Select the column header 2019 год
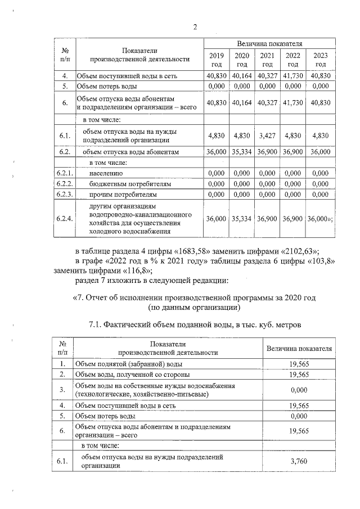tap(216, 60)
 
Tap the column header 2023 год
tap(320, 60)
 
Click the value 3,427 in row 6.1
tap(268, 136)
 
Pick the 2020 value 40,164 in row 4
tap(242, 75)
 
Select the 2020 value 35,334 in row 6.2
tap(242, 152)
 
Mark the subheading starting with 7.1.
tap(195, 325)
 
